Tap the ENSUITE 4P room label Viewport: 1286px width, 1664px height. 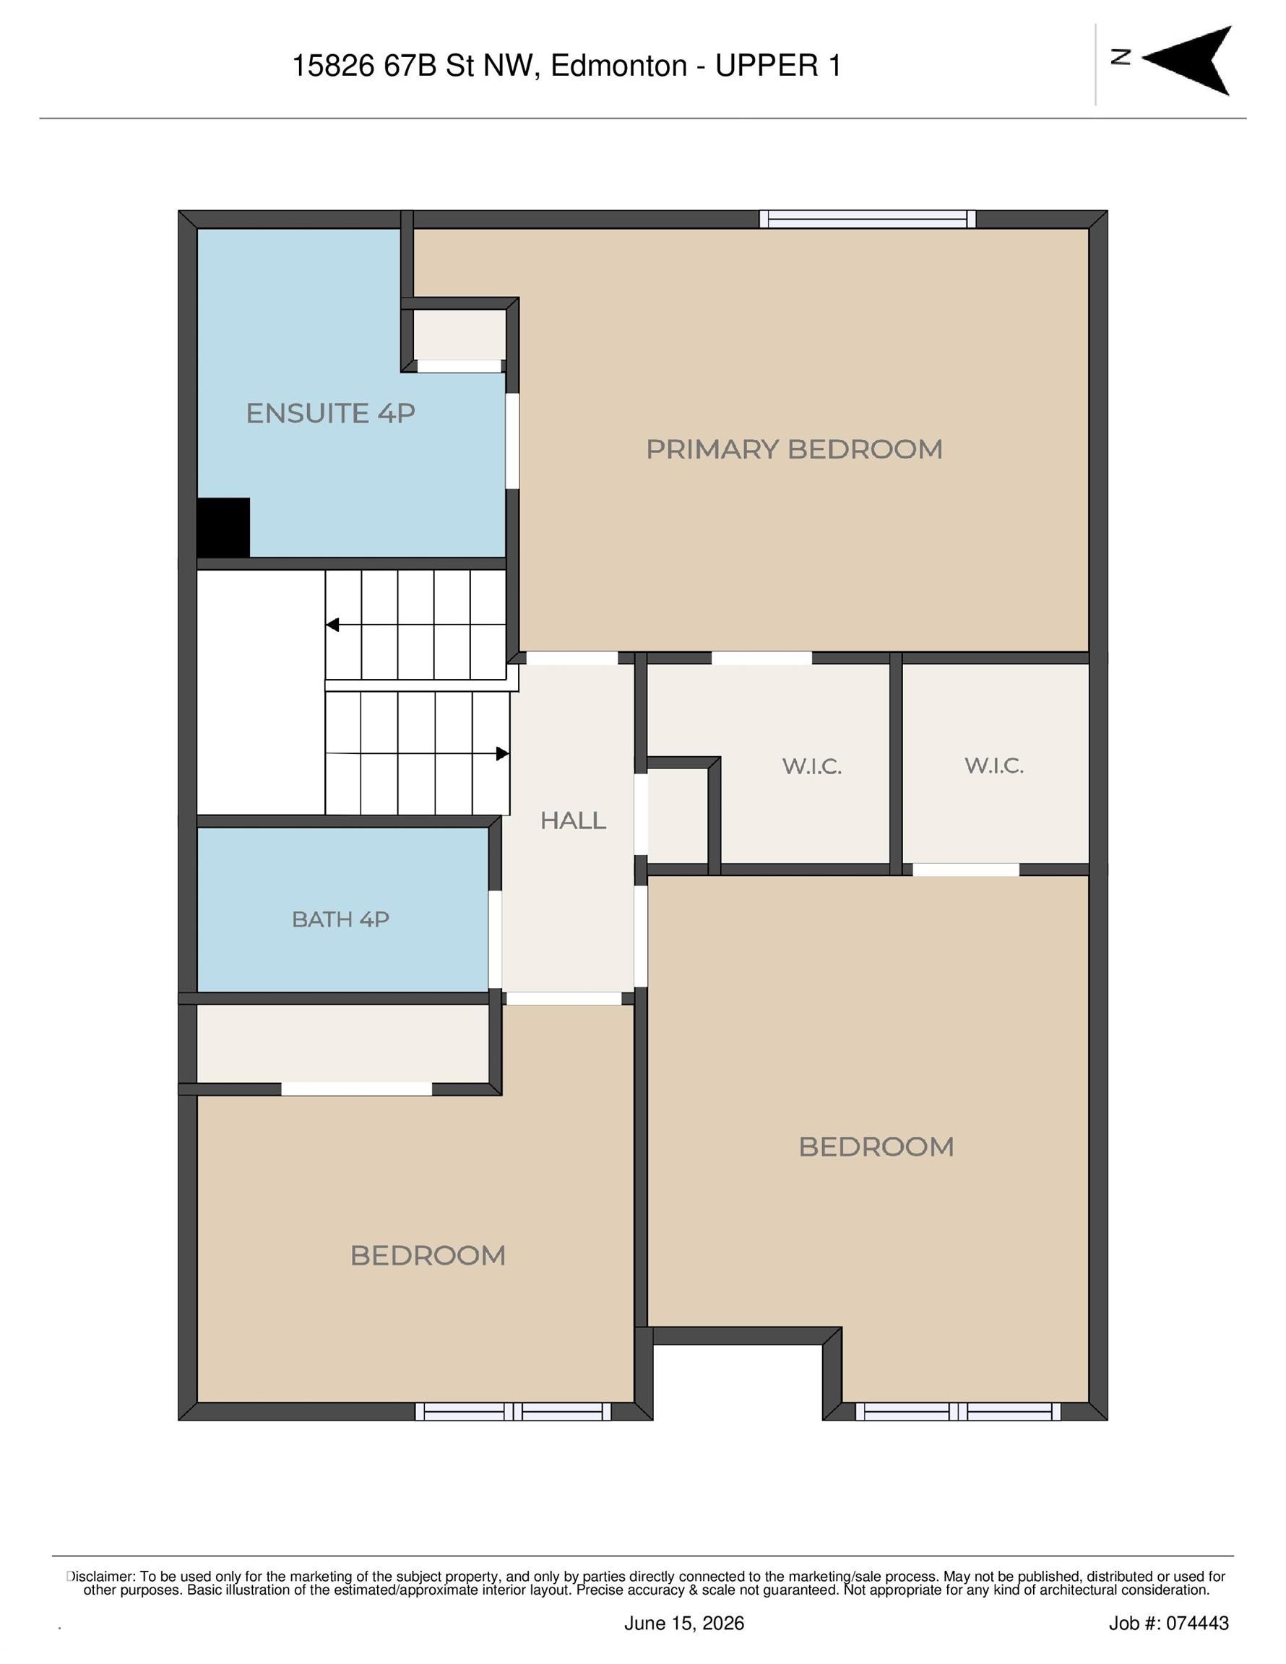pyautogui.click(x=330, y=413)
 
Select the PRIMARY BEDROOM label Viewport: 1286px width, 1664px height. pyautogui.click(x=793, y=448)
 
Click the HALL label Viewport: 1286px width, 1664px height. pyautogui.click(x=572, y=820)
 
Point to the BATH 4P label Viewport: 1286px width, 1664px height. pyautogui.click(x=340, y=919)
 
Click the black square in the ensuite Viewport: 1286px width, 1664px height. pyautogui.click(x=223, y=527)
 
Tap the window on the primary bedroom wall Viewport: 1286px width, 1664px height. pyautogui.click(x=868, y=219)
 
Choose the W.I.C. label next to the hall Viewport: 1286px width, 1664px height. pyautogui.click(x=812, y=766)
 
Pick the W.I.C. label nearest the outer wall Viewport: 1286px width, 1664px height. pyautogui.click(x=993, y=765)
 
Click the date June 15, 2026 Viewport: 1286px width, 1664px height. pyautogui.click(x=683, y=1623)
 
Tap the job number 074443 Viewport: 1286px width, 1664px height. pyautogui.click(x=1198, y=1623)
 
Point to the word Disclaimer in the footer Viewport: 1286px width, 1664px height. pyautogui.click(x=100, y=1577)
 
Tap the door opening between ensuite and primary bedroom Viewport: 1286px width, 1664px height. pyautogui.click(x=512, y=441)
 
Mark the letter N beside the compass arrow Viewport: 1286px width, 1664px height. pyautogui.click(x=1120, y=57)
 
